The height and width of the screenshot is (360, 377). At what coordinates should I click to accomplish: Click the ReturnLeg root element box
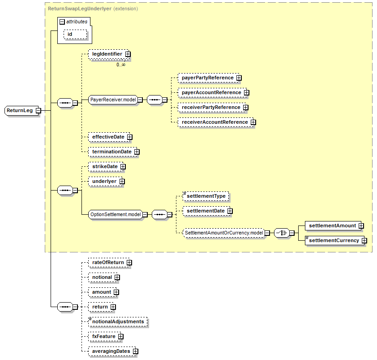point(20,110)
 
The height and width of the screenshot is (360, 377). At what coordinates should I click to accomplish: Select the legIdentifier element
point(107,54)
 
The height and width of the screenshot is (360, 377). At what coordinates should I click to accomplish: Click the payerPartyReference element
point(207,78)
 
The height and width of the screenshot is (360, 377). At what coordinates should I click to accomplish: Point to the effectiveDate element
point(108,137)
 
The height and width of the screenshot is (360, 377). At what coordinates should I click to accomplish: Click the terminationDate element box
point(111,152)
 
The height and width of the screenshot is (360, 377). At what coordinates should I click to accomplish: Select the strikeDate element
point(105,167)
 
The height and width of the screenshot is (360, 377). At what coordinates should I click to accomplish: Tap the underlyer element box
point(104,182)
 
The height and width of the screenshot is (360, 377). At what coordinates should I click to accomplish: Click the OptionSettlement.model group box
point(115,215)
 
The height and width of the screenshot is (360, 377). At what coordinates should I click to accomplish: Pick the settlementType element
point(206,196)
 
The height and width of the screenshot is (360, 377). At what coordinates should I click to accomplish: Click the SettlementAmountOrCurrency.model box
point(224,233)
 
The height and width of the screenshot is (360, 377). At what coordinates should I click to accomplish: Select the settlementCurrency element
point(334,241)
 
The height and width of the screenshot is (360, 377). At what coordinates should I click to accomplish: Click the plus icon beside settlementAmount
point(361,226)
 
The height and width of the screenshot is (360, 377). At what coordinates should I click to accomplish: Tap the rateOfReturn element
point(107,262)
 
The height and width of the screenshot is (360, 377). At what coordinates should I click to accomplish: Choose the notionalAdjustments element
point(118,321)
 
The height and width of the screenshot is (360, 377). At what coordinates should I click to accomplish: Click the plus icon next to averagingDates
point(135,351)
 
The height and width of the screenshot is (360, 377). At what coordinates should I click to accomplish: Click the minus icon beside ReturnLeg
point(38,110)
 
